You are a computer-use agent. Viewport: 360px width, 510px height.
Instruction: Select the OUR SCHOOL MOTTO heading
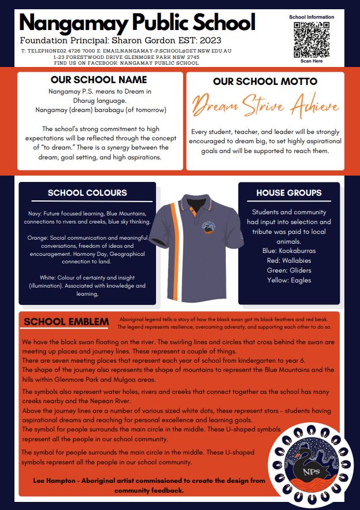coord(264,82)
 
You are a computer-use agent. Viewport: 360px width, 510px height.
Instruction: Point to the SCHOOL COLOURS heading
coord(87,192)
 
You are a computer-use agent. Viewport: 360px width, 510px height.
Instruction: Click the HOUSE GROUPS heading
coord(289,192)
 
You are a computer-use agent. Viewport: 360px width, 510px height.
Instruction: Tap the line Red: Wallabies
coord(289,261)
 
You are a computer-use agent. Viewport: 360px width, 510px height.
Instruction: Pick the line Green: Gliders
coord(289,270)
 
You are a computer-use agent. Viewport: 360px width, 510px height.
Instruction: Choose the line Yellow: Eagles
coord(289,280)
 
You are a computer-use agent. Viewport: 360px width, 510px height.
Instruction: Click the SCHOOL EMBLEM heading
coord(66,321)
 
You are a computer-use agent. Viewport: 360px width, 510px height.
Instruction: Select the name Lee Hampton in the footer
coord(49,481)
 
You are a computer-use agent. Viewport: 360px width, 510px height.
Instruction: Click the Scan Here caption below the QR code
coord(311,61)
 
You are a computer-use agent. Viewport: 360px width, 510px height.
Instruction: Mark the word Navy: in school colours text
coord(34,214)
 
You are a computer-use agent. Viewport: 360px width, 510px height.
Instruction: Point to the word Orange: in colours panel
coord(37,237)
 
